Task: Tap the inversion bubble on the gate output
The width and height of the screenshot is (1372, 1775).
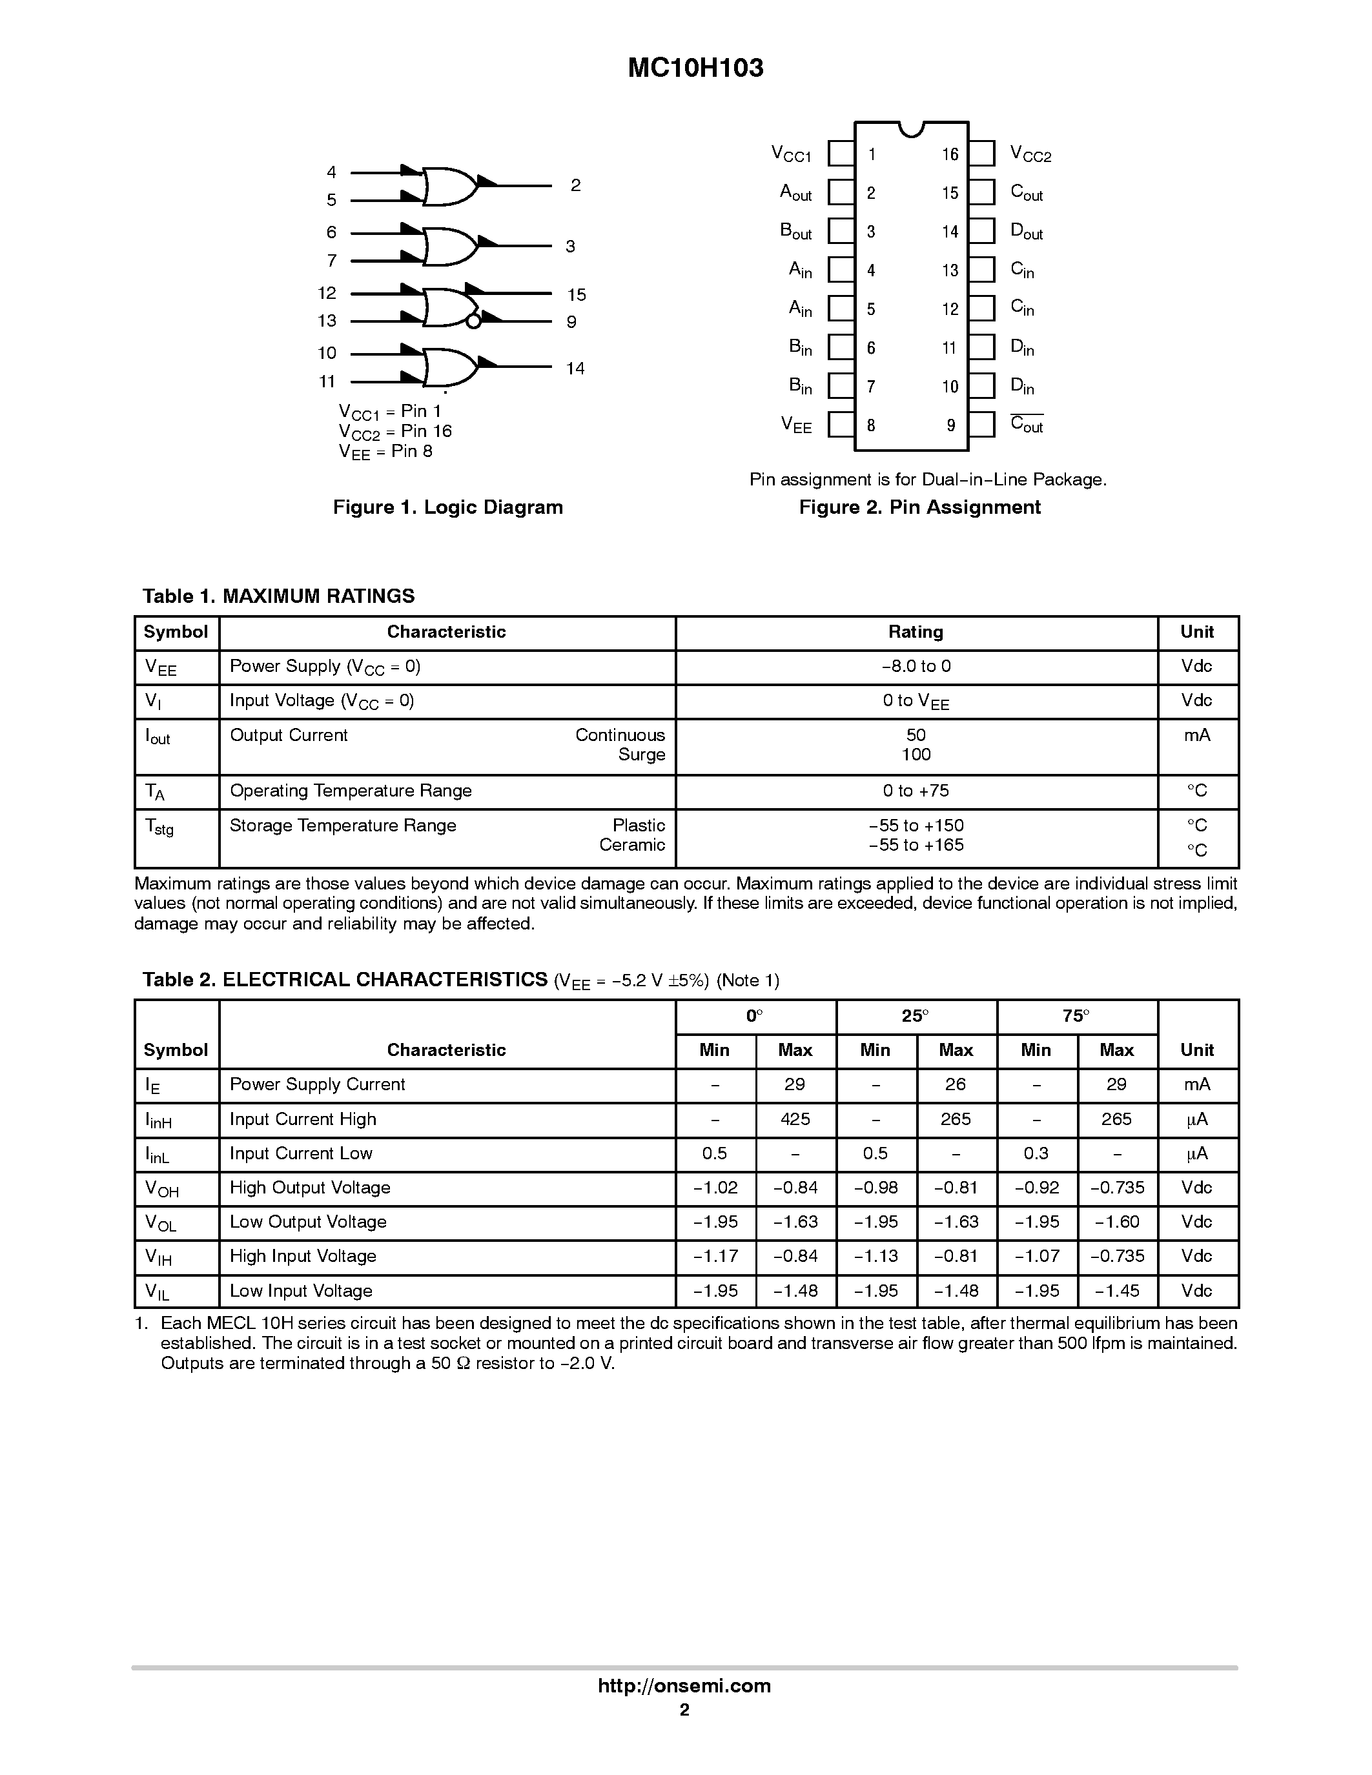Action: click(x=474, y=321)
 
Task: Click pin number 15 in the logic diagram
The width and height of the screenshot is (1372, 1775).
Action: click(x=577, y=294)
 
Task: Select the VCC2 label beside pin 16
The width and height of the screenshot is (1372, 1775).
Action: click(x=1030, y=154)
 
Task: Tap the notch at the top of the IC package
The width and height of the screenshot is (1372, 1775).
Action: click(x=911, y=128)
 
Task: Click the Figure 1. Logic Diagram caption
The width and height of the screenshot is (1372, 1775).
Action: click(x=448, y=507)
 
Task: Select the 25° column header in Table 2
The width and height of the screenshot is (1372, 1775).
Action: click(x=916, y=1016)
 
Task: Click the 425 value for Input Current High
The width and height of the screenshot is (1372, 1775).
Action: click(x=794, y=1119)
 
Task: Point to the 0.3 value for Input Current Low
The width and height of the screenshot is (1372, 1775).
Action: click(x=1036, y=1153)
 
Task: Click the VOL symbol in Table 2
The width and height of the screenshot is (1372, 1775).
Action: click(x=160, y=1223)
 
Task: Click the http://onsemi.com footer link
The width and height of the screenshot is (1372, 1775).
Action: click(x=684, y=1685)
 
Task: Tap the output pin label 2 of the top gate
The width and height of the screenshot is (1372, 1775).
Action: click(x=575, y=185)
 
